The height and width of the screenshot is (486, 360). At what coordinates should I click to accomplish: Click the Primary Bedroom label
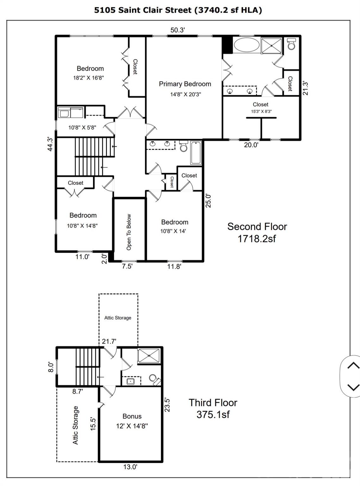pyautogui.click(x=185, y=84)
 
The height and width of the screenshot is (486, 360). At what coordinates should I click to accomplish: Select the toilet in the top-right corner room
pyautogui.click(x=291, y=45)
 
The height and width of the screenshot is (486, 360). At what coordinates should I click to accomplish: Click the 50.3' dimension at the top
pyautogui.click(x=177, y=30)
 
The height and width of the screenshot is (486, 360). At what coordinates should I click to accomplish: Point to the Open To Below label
pyautogui.click(x=129, y=232)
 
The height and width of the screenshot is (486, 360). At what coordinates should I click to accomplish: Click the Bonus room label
pyautogui.click(x=132, y=416)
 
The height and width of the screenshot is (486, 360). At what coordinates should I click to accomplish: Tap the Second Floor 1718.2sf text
pyautogui.click(x=257, y=232)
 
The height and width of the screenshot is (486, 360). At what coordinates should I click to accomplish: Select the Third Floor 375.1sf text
pyautogui.click(x=213, y=408)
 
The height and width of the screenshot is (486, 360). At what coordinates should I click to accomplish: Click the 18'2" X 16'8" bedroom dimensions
pyautogui.click(x=89, y=78)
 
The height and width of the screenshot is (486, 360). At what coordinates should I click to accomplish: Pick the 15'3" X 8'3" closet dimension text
pyautogui.click(x=261, y=111)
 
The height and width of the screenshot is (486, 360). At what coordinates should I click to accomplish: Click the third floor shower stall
pyautogui.click(x=149, y=356)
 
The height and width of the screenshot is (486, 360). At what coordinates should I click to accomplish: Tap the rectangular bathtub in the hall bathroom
pyautogui.click(x=196, y=153)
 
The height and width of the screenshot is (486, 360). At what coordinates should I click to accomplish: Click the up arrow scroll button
pyautogui.click(x=353, y=366)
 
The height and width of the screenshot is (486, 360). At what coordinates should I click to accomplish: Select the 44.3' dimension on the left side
pyautogui.click(x=50, y=144)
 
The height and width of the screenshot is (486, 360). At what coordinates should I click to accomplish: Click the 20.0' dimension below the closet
pyautogui.click(x=251, y=145)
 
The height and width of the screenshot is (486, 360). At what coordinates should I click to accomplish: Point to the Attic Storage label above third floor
pyautogui.click(x=118, y=318)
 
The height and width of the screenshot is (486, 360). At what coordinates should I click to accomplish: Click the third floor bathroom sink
pyautogui.click(x=130, y=381)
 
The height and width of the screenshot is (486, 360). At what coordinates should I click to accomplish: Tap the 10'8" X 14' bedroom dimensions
pyautogui.click(x=173, y=231)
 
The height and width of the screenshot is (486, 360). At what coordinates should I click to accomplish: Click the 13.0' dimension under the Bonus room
pyautogui.click(x=130, y=467)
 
